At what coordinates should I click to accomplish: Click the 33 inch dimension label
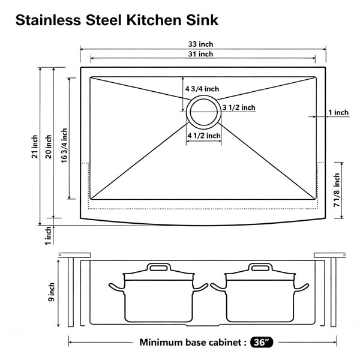click(200, 44)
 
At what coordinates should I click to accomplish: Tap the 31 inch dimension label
click(200, 54)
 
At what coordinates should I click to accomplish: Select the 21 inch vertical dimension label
click(35, 146)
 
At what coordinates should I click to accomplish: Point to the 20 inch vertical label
click(49, 146)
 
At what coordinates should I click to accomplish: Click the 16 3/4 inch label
click(64, 146)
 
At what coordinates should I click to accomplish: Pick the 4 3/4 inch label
click(202, 89)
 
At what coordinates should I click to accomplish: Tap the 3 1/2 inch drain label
click(239, 107)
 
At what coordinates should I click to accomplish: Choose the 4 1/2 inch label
click(204, 136)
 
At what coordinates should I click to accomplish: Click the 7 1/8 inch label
click(337, 190)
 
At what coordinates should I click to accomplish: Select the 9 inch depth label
click(52, 292)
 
